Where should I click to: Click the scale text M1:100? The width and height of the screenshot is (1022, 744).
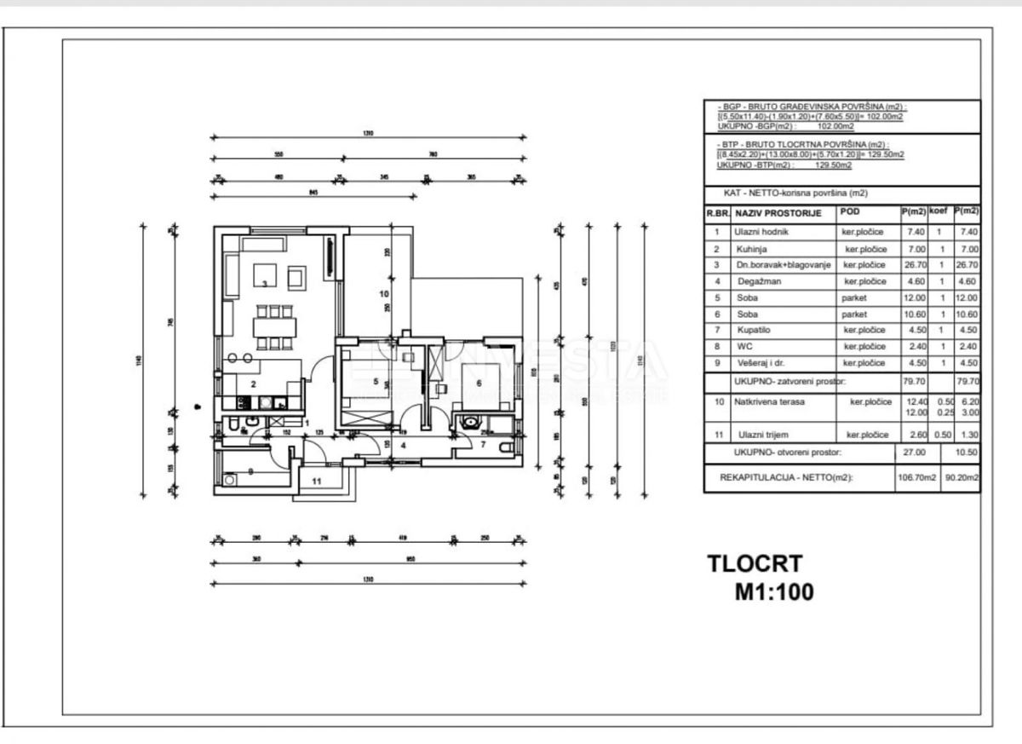774,591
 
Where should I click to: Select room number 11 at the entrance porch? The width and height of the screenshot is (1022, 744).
316,482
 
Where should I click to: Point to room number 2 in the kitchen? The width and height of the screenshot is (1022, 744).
253,384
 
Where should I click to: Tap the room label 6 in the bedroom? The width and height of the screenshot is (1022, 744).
479,384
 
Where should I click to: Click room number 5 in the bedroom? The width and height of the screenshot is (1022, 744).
374,381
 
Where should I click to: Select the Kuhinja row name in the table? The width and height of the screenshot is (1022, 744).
750,249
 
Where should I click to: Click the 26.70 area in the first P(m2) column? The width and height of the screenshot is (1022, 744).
912,264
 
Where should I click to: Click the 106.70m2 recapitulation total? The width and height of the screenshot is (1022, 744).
916,478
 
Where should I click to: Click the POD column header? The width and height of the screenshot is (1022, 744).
852,211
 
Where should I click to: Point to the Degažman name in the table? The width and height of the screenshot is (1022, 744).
755,281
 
